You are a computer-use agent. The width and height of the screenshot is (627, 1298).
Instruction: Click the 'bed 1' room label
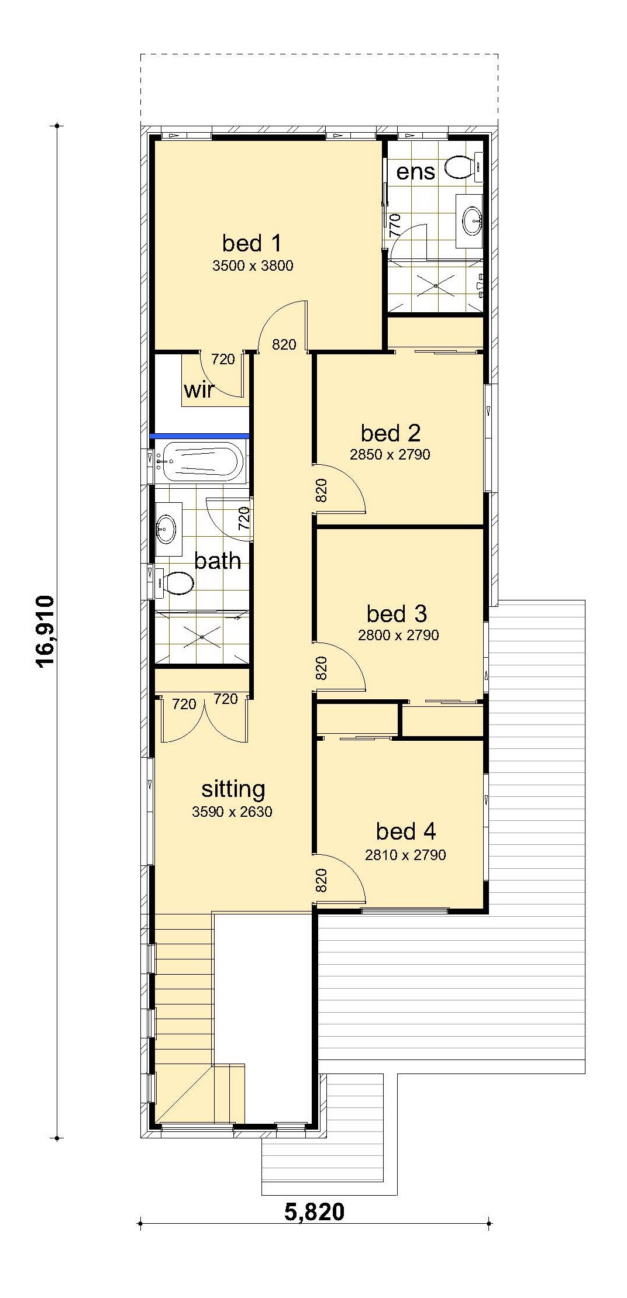click(252, 243)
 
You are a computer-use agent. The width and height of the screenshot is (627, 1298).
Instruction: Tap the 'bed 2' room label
click(391, 433)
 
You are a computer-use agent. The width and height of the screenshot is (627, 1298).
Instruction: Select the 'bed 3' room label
click(397, 614)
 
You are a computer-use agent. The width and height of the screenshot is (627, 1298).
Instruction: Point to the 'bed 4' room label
click(406, 831)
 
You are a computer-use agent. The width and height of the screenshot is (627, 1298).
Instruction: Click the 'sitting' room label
click(233, 789)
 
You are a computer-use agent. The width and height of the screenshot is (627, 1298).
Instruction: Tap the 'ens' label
click(416, 172)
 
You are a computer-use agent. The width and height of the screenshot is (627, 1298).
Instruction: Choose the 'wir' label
click(199, 390)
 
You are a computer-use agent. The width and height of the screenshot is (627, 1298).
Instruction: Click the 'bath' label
click(218, 561)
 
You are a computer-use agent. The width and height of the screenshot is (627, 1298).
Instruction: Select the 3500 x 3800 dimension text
click(253, 266)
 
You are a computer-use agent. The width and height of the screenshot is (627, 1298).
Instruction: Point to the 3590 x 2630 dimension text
click(232, 812)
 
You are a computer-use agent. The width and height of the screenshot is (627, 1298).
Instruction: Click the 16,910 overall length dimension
click(45, 631)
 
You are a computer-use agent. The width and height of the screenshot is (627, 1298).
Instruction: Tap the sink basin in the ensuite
click(471, 220)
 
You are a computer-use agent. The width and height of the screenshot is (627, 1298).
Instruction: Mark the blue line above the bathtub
click(200, 436)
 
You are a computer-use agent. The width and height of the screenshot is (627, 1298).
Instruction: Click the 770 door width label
click(395, 225)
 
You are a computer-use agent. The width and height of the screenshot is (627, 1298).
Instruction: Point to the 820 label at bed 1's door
click(284, 345)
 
